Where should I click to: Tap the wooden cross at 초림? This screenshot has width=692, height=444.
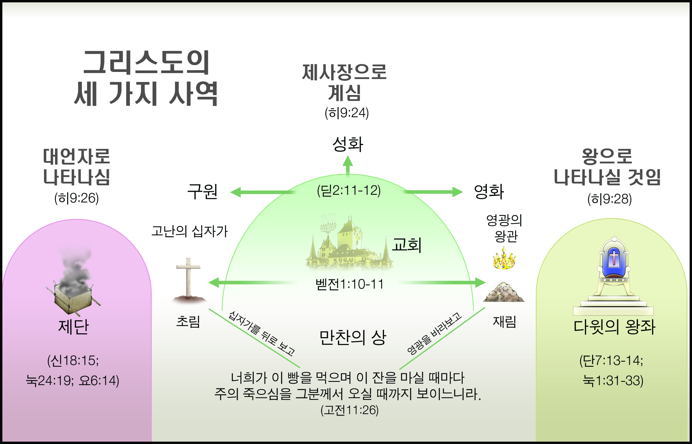[x=188, y=280]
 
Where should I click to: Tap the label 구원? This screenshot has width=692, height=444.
[x=203, y=192]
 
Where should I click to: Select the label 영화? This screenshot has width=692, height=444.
[x=489, y=192]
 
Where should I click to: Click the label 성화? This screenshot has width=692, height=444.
[x=348, y=144]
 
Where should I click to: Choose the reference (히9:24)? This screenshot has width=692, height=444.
[x=347, y=113]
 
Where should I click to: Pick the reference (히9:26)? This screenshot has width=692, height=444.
[x=76, y=198]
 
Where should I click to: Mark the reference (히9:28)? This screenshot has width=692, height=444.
[x=609, y=199]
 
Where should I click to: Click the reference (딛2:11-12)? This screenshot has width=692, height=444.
[x=349, y=190]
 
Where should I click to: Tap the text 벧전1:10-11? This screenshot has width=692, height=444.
[x=349, y=284]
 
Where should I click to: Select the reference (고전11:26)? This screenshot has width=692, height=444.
[x=349, y=410]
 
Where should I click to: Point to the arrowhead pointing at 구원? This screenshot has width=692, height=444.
[x=235, y=192]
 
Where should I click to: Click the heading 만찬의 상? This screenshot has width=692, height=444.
[x=353, y=337]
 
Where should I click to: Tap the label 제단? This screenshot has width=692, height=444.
[x=73, y=327]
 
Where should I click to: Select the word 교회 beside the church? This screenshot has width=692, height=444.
[x=407, y=245]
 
